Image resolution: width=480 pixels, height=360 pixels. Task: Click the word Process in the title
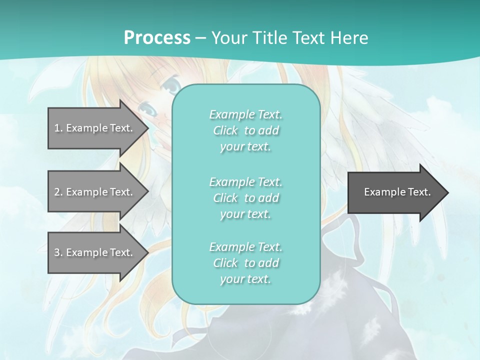pyautogui.click(x=157, y=38)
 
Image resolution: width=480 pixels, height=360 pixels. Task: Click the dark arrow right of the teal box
pyautogui.click(x=395, y=192)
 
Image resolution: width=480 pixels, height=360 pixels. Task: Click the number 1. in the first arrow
pyautogui.click(x=58, y=128)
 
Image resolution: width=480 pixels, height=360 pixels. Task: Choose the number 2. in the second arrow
pyautogui.click(x=58, y=192)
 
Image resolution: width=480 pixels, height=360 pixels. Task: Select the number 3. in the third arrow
pyautogui.click(x=58, y=252)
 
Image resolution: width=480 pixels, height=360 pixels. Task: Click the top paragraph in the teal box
pyautogui.click(x=245, y=130)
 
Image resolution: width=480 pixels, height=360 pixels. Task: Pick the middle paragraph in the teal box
pyautogui.click(x=245, y=198)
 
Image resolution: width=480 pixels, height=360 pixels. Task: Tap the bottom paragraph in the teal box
pyautogui.click(x=245, y=263)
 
